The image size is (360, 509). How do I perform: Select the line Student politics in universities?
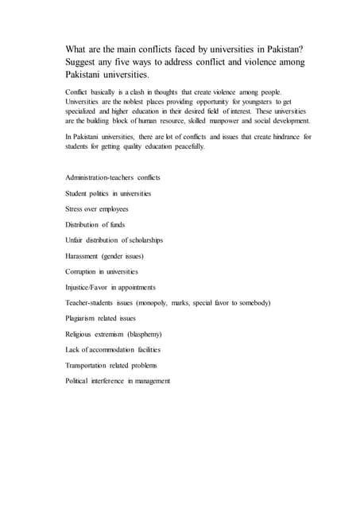108,193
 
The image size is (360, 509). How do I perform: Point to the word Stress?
75,208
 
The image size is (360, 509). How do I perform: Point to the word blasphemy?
163,334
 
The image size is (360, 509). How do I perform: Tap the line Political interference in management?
118,381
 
